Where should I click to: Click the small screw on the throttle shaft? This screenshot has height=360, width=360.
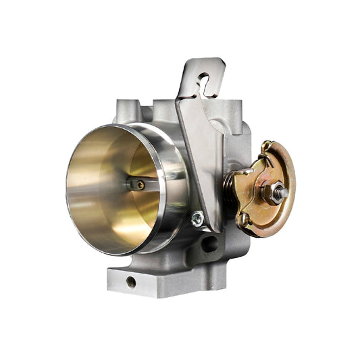[140, 184]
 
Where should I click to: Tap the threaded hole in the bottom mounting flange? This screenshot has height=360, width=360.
[130, 280]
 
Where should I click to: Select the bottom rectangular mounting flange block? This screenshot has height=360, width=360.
[155, 280]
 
